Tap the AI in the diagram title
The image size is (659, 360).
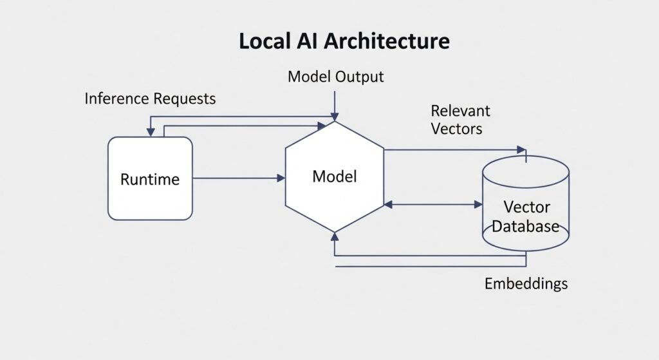tap(308, 41)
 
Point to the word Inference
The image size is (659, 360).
tap(117, 99)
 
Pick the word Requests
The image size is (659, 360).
tap(185, 99)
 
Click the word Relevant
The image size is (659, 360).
tap(460, 110)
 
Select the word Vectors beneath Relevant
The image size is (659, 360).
tap(456, 129)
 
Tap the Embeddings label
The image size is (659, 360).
tap(526, 283)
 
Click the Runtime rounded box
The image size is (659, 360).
tap(150, 178)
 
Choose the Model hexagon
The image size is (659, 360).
tap(334, 176)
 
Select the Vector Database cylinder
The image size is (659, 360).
tap(526, 203)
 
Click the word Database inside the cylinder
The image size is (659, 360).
tap(526, 227)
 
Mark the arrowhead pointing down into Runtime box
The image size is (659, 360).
tap(151, 132)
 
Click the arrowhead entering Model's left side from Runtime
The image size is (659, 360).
tap(281, 178)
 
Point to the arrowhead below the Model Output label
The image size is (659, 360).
tap(334, 117)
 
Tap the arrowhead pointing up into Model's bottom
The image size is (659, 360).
tap(334, 236)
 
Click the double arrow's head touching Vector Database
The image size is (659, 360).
tap(479, 205)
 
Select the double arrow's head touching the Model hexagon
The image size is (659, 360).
tap(388, 205)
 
